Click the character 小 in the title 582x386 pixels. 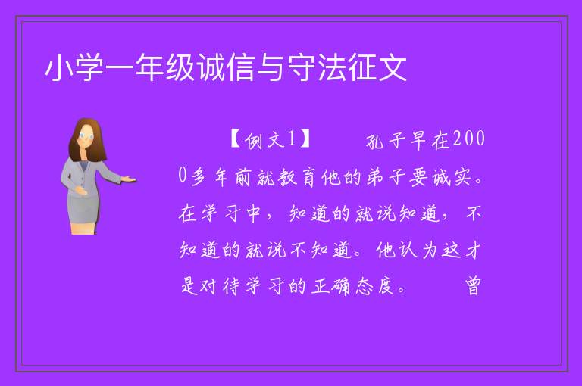click(59, 68)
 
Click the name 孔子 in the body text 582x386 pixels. click(386, 141)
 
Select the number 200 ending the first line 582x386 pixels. click(469, 139)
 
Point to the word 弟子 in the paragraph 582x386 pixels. click(386, 177)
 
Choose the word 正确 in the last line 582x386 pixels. click(330, 286)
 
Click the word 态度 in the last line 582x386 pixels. click(375, 286)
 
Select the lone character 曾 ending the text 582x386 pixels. click(473, 286)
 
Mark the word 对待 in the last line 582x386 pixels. click(210, 286)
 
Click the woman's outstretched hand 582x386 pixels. click(129, 179)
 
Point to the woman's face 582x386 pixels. click(86, 136)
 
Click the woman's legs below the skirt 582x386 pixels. click(83, 228)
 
